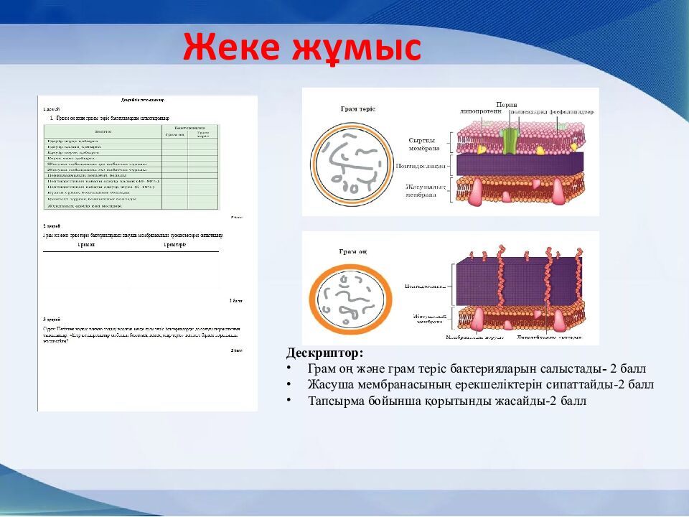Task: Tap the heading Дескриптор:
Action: pos(324,353)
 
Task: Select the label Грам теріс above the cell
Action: pos(357,109)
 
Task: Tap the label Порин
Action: pos(507,105)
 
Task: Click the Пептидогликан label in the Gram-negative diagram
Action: pos(421,166)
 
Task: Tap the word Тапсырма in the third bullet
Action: pos(334,401)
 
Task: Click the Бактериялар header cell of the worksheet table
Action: pos(189,127)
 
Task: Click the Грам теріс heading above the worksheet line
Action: pos(174,245)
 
